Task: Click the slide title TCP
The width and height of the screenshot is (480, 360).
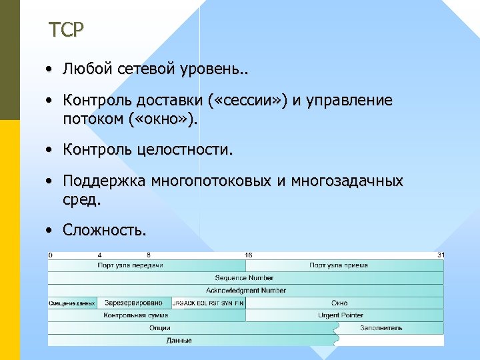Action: click(67, 30)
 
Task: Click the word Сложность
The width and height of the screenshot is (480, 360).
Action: click(104, 230)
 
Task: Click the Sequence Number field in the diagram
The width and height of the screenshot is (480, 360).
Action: click(244, 278)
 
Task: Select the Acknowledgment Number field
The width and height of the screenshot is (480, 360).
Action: click(245, 291)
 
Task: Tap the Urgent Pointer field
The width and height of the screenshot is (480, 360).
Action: click(341, 315)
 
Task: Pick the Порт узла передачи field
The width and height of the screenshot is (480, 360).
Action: click(130, 265)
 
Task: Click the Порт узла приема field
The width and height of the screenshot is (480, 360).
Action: click(338, 265)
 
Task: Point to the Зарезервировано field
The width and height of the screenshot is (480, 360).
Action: click(133, 303)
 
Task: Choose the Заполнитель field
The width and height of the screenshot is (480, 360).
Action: click(381, 327)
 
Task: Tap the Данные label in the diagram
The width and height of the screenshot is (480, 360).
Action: click(179, 340)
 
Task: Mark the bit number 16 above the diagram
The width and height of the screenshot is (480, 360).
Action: click(248, 255)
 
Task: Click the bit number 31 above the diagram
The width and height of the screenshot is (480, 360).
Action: click(440, 255)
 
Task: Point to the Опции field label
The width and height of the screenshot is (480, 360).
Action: click(160, 327)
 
